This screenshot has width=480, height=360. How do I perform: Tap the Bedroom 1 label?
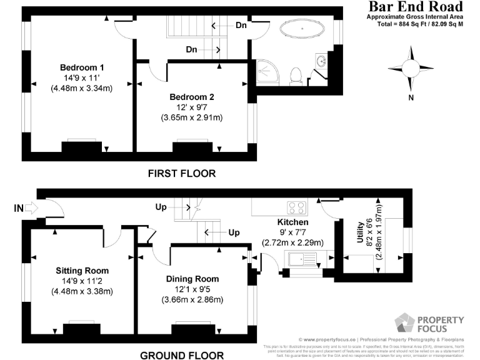click(82, 67)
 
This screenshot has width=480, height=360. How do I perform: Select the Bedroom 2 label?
click(192, 97)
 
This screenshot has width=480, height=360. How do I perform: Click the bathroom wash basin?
click(321, 62)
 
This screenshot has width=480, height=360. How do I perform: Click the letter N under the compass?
click(411, 97)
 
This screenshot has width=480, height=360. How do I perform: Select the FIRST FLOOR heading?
click(182, 173)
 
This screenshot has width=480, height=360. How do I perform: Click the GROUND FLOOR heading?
click(182, 355)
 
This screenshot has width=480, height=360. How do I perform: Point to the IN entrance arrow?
click(25, 207)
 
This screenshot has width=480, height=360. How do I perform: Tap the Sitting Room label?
click(82, 271)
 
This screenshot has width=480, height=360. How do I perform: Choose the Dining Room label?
click(192, 279)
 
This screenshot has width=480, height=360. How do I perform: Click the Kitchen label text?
click(292, 222)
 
